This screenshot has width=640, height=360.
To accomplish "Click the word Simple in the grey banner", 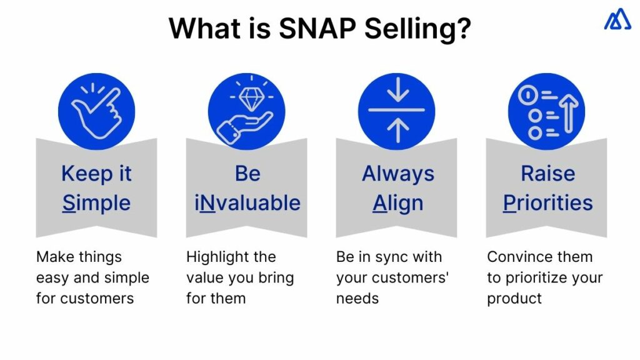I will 96,203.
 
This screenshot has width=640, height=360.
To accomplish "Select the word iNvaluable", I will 247,203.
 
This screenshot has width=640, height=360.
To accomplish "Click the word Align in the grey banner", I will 397,203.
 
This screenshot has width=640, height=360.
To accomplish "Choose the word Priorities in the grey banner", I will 547,203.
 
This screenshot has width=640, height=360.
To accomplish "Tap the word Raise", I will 547,173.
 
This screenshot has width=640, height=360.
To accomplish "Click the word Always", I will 397,173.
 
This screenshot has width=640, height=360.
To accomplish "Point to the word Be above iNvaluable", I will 247,173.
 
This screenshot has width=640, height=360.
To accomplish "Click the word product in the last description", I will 514,299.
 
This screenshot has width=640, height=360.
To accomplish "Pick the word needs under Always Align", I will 357,299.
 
